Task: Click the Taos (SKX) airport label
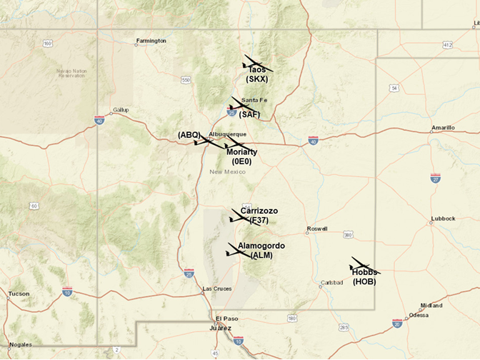pyautogui.click(x=256, y=74)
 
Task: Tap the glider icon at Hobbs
pyautogui.click(x=364, y=267)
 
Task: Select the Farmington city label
pyautogui.click(x=151, y=41)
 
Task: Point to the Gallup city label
pyautogui.click(x=121, y=110)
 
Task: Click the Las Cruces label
pyautogui.click(x=217, y=289)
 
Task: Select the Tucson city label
pyautogui.click(x=19, y=294)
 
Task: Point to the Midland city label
pyautogui.click(x=431, y=305)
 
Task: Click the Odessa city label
pyautogui.click(x=418, y=315)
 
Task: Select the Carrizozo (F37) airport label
pyautogui.click(x=259, y=215)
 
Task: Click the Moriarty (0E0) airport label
pyautogui.click(x=241, y=156)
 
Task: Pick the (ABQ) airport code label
pyautogui.click(x=189, y=134)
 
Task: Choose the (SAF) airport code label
pyautogui.click(x=249, y=114)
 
